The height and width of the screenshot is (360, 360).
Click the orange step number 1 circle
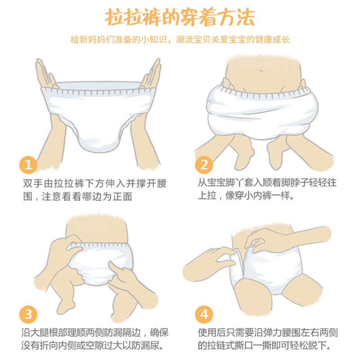pos(28,165)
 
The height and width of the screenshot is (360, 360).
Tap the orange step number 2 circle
pos(204,165)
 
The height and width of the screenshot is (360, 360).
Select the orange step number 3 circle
pos(28,314)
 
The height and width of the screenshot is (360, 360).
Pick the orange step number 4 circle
pos(204,314)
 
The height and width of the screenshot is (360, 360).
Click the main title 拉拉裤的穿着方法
pos(180,17)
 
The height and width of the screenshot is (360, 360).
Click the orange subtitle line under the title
pos(180,40)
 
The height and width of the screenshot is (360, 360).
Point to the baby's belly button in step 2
pos(261,70)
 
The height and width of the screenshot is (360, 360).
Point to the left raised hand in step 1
pos(46,74)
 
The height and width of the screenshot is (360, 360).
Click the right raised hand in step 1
pos(150,73)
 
